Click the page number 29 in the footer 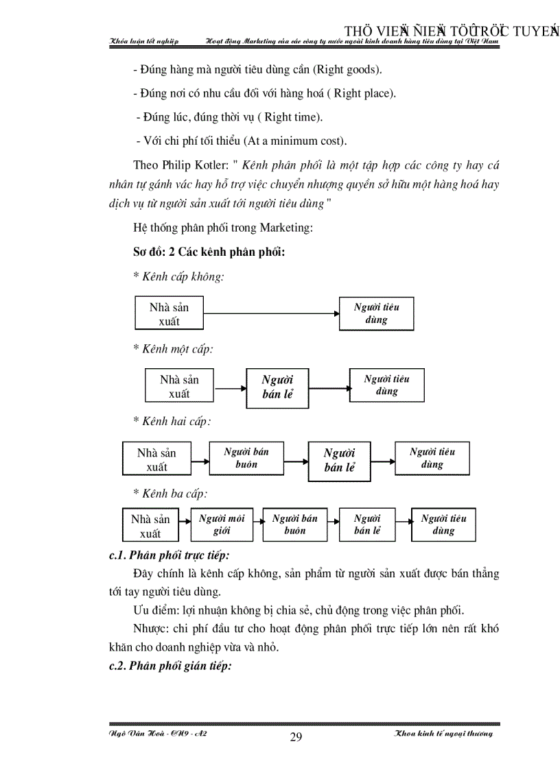click(296, 737)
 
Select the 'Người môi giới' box click(221, 525)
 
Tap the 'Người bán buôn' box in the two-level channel click(246, 458)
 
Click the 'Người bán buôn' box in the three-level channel click(294, 525)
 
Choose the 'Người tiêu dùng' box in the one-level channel click(386, 385)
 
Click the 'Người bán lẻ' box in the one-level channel click(277, 387)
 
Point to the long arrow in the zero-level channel click(272, 314)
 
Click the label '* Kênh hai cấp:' click(172, 421)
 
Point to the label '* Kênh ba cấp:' click(170, 493)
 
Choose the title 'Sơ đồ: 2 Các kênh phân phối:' click(209, 252)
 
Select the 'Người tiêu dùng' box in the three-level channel click(443, 525)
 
